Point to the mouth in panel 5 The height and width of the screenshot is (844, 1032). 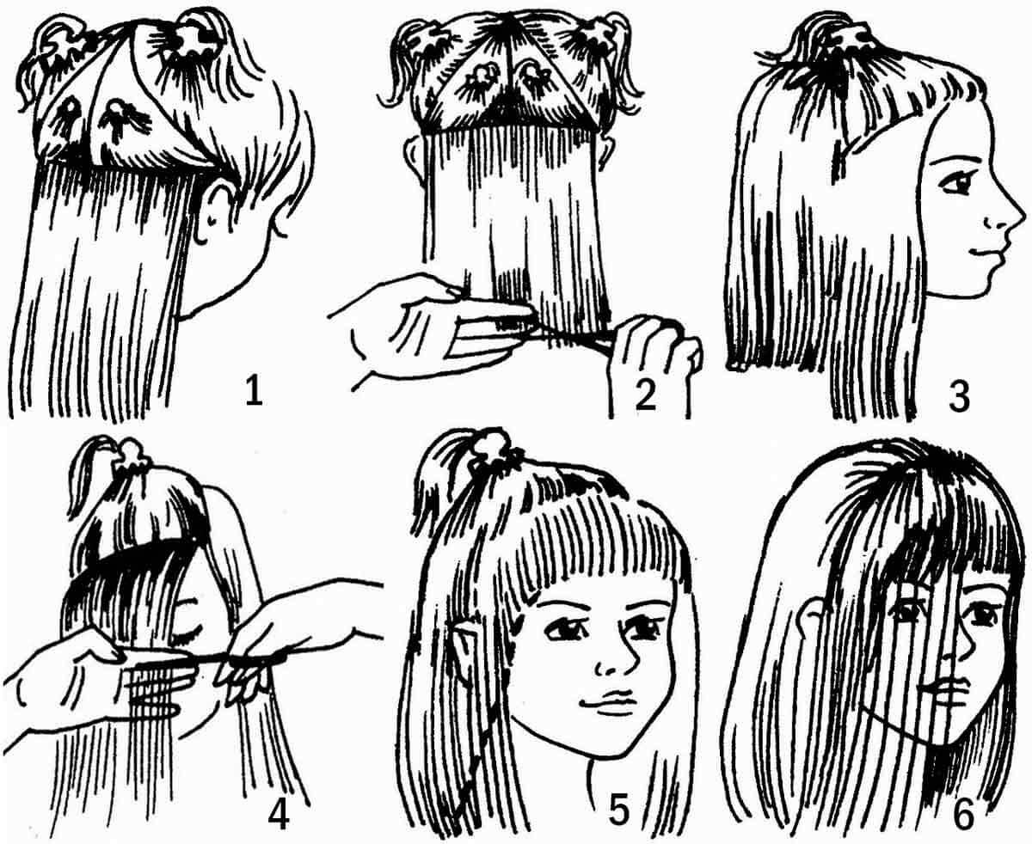point(608,700)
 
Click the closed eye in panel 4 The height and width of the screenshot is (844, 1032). point(188,637)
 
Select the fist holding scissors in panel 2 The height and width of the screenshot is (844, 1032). point(655,342)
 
